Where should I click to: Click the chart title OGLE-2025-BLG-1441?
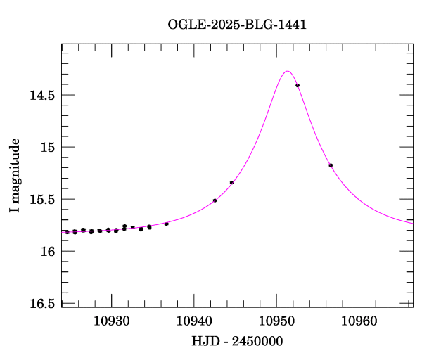(237, 25)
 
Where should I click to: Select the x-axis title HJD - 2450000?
(237, 341)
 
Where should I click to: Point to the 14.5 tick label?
(42, 95)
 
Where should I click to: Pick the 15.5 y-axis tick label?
(42, 199)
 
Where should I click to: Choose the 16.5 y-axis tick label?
(42, 303)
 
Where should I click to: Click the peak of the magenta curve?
(287, 71)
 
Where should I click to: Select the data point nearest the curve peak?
(298, 86)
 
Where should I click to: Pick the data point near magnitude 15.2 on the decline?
(331, 165)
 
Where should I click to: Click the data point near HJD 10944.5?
(231, 183)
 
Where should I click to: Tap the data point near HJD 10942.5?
(215, 200)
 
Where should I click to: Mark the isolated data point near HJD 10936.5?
(166, 224)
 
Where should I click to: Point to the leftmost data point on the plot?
(67, 232)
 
